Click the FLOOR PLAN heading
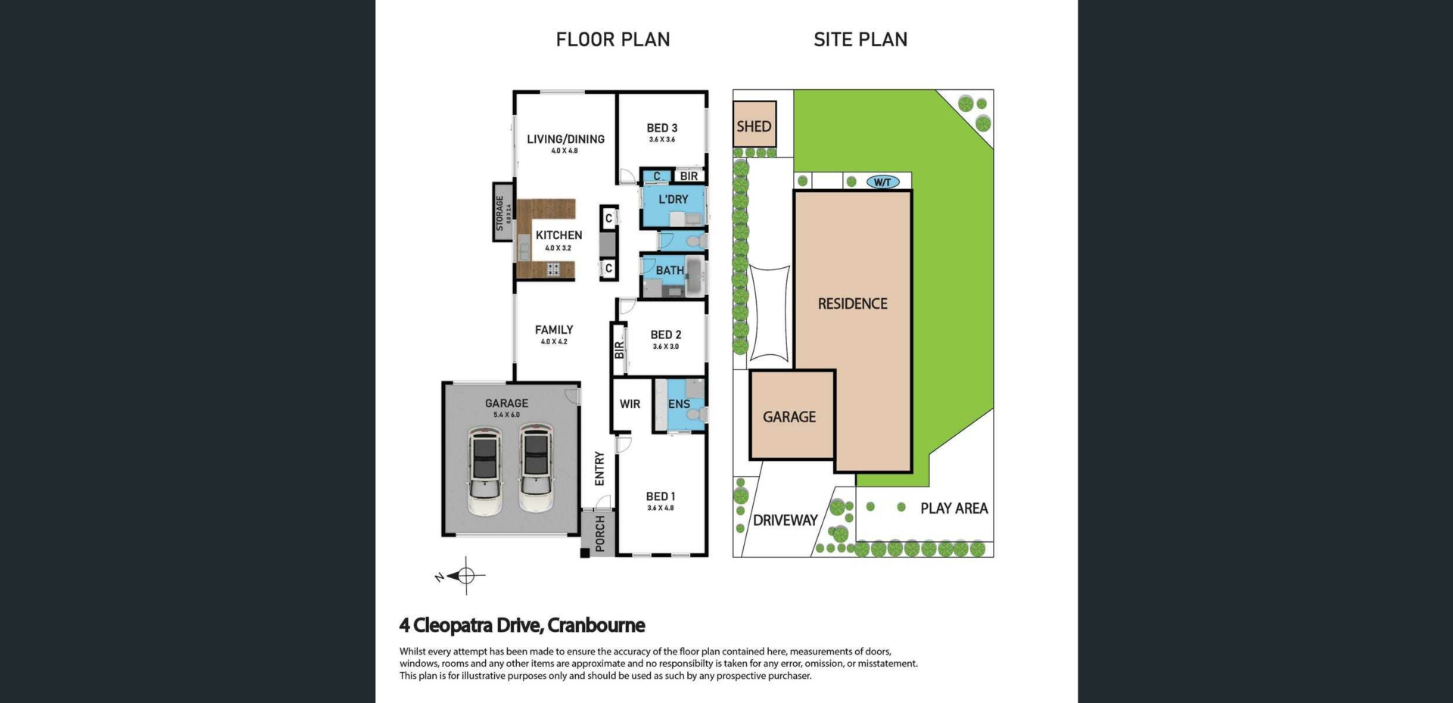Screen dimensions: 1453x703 pyautogui.click(x=613, y=39)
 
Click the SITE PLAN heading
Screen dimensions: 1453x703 pyautogui.click(x=860, y=39)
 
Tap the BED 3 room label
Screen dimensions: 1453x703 pyautogui.click(x=662, y=128)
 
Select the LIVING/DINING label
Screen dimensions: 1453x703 pyautogui.click(x=566, y=139)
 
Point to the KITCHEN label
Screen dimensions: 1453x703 pyautogui.click(x=559, y=235)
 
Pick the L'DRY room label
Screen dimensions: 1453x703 pyautogui.click(x=674, y=199)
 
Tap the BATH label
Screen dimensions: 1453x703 pyautogui.click(x=670, y=270)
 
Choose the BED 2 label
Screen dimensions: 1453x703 pyautogui.click(x=666, y=334)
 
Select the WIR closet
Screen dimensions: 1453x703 pyautogui.click(x=630, y=404)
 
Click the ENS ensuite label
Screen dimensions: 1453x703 pyautogui.click(x=679, y=404)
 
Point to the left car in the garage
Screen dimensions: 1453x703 pyautogui.click(x=484, y=470)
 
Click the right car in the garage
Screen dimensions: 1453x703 pyautogui.click(x=536, y=467)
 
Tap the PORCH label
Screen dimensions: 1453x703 pyautogui.click(x=600, y=533)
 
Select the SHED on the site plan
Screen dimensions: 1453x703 pyautogui.click(x=755, y=125)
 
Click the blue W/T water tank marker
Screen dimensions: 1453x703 pyautogui.click(x=883, y=182)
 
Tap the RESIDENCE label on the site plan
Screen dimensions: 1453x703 pyautogui.click(x=853, y=303)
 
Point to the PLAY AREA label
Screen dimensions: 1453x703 pyautogui.click(x=954, y=509)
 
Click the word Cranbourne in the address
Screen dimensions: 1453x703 pyautogui.click(x=596, y=626)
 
